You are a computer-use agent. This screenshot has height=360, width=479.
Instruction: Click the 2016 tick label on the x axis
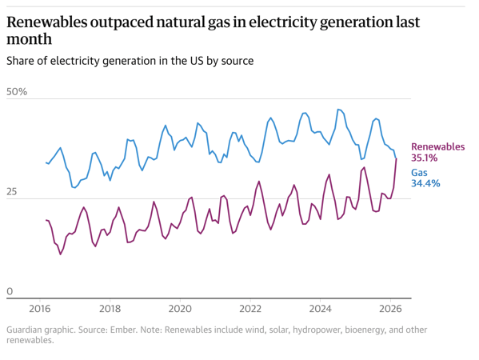(40, 308)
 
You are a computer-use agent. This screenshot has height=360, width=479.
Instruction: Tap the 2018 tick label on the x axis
(110, 308)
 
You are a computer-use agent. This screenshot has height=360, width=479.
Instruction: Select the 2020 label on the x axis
(180, 308)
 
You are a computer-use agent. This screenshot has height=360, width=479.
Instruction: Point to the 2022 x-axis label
(250, 308)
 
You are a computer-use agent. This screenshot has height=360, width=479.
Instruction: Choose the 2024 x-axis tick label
(321, 308)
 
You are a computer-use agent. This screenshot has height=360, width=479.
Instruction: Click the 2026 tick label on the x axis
(390, 308)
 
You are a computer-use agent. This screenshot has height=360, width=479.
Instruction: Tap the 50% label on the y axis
(17, 92)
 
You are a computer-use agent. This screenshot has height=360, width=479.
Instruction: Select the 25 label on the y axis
(12, 192)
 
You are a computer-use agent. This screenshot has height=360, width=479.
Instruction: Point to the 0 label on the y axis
(9, 292)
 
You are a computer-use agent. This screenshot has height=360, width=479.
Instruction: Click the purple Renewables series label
(437, 147)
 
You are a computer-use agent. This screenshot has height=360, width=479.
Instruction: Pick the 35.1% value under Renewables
(425, 158)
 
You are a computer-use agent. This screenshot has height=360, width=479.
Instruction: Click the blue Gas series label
(420, 173)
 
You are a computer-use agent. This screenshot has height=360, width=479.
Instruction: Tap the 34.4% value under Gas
(425, 184)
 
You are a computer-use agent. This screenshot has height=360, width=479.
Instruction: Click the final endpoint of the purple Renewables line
(396, 158)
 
